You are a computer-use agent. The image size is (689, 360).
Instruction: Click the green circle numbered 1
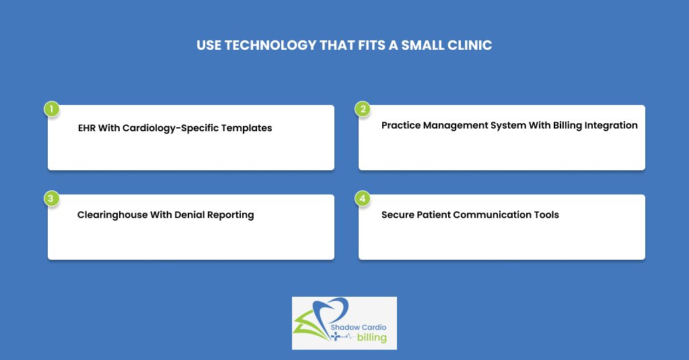tap(51, 109)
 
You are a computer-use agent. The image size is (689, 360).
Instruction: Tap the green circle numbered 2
tap(363, 109)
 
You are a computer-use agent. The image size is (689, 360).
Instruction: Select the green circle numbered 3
tap(51, 199)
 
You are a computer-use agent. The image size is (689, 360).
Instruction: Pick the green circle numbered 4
tap(363, 199)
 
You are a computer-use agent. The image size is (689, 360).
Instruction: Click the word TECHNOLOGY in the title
tap(270, 45)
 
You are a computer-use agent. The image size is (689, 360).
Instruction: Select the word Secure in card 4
tap(398, 215)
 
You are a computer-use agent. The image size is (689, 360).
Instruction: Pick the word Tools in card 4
tap(546, 215)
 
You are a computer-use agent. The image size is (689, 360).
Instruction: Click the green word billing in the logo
tap(371, 338)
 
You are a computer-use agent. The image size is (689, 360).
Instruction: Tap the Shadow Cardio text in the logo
tap(358, 328)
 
